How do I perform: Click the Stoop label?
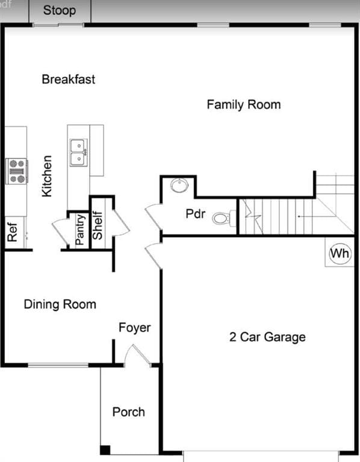[x=60, y=11]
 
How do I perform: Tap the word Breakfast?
[x=69, y=79]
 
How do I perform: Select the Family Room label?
[x=244, y=105]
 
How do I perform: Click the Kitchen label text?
[x=47, y=176]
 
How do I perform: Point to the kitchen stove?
[x=17, y=171]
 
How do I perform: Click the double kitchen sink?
[x=79, y=152]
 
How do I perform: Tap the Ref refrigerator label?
[x=13, y=232]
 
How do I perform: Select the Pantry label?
[x=80, y=230]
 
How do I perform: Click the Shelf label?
[x=98, y=225]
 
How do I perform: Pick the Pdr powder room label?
[x=196, y=214]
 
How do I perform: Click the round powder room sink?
[x=179, y=185]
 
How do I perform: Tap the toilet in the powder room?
[x=224, y=218]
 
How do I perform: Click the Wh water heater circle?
[x=340, y=253]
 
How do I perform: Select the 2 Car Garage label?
[x=267, y=337]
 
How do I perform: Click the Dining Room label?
[x=60, y=304]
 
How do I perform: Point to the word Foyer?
[x=134, y=328]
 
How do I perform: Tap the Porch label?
[x=129, y=412]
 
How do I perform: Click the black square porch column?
[x=105, y=450]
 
